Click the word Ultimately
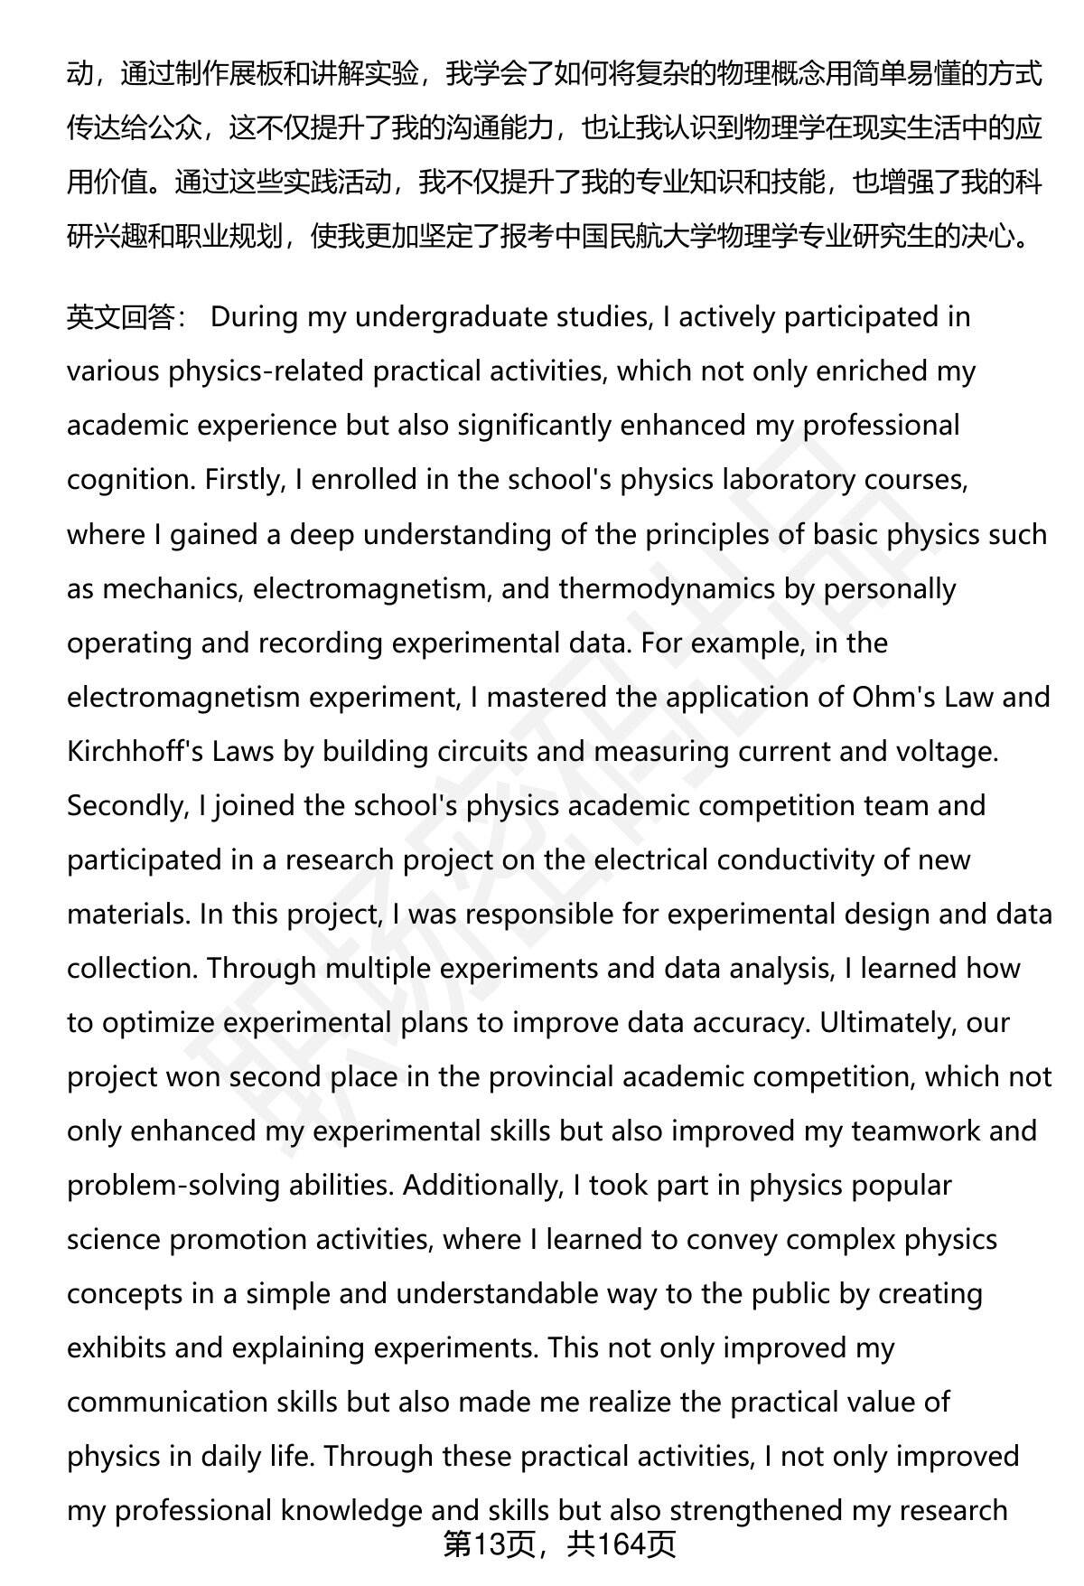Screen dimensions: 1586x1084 pos(890,1022)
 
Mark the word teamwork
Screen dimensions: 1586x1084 pos(914,1131)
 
